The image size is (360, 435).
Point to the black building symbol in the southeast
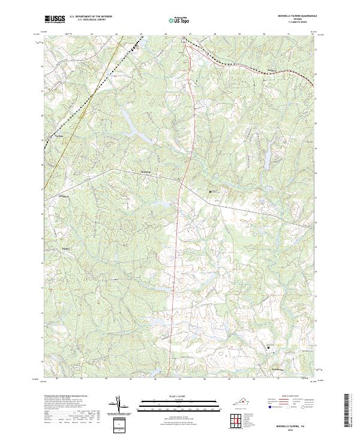click(268, 347)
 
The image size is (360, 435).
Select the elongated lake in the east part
click(265, 157)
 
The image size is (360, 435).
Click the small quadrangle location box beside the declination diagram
click(120, 422)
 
